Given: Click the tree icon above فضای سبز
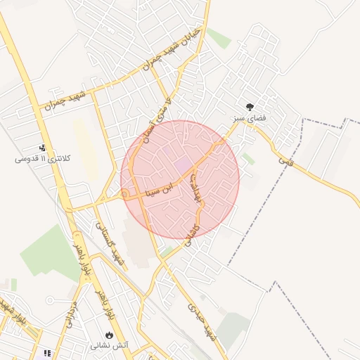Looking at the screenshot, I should click(250, 106).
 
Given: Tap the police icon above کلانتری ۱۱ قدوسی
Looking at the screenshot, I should click(44, 148).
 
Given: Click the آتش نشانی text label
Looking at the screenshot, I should click(108, 346).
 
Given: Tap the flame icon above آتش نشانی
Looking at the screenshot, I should click(109, 335).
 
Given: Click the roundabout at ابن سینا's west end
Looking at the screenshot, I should click(124, 193).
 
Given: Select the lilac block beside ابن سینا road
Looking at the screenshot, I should click(183, 165).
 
